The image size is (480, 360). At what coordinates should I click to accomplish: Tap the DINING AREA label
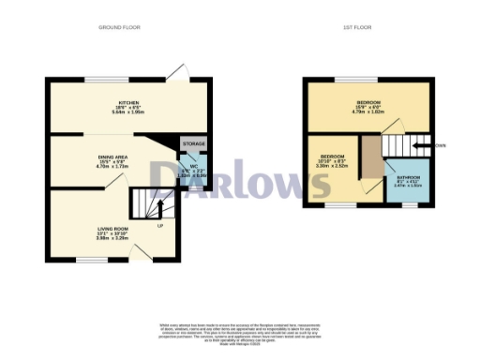112,160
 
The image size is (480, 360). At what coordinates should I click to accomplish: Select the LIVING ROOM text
112,232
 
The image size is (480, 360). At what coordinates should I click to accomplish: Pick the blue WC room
191,170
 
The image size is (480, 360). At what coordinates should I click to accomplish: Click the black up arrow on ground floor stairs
159,207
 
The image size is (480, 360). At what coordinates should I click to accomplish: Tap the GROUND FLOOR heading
120,28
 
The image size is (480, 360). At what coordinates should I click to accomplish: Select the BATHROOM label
408,179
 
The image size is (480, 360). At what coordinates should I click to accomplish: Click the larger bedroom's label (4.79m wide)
367,104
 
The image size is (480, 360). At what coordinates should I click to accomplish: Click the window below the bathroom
409,203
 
